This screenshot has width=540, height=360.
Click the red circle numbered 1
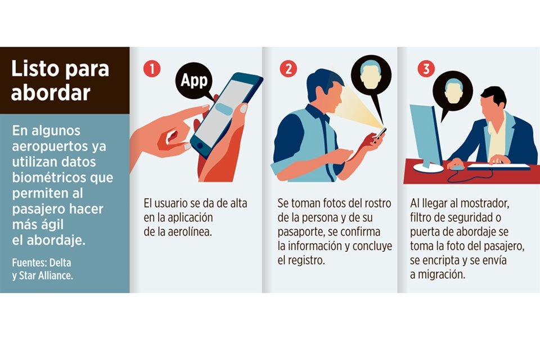pos(152,69)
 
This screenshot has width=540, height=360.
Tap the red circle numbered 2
pos(288,69)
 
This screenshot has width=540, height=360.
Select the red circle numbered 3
pos(426,69)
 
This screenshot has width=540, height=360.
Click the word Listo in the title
pos(35,69)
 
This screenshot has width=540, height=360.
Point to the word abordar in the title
pos(51,92)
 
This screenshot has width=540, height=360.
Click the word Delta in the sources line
pos(60,263)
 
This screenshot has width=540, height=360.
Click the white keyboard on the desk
pos(498,166)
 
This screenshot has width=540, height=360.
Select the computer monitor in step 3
pos(426,138)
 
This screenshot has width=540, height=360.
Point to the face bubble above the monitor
pos(452,91)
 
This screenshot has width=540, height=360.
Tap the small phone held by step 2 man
pos(381,133)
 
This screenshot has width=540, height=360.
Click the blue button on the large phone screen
pos(224,109)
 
